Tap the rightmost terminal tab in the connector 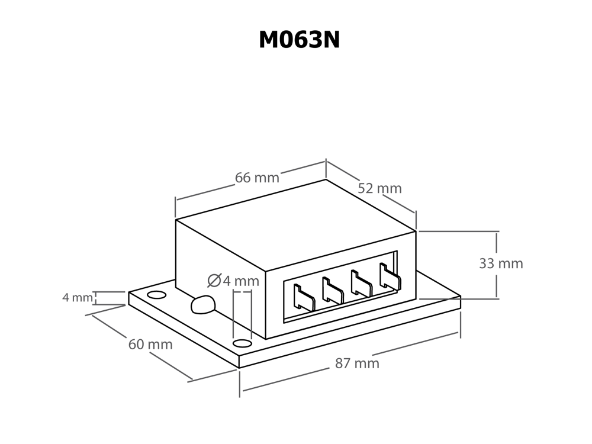pyautogui.click(x=388, y=276)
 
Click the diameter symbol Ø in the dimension pyautogui.click(x=214, y=281)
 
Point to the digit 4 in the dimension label pyautogui.click(x=227, y=281)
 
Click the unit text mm pyautogui.click(x=246, y=281)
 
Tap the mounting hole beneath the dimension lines pyautogui.click(x=242, y=343)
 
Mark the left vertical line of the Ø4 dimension pyautogui.click(x=233, y=314)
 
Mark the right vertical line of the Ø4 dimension pyautogui.click(x=252, y=314)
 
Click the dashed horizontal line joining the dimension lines pyautogui.click(x=242, y=292)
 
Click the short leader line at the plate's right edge pyautogui.click(x=441, y=300)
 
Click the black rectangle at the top pyautogui.click(x=317, y=59)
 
